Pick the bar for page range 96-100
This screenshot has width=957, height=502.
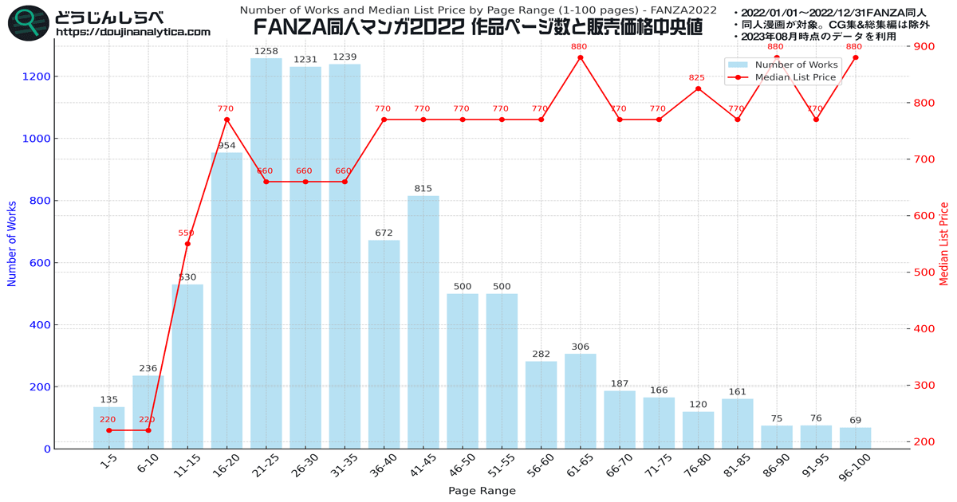point(855,438)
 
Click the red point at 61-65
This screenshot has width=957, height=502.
point(580,57)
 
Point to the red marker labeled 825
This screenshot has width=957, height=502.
point(698,88)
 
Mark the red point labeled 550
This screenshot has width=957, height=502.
point(187,244)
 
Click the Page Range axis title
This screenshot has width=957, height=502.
point(482,491)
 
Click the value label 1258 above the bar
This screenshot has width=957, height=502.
point(266,52)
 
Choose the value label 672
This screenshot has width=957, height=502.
point(384,233)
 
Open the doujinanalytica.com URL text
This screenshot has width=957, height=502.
point(133,33)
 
